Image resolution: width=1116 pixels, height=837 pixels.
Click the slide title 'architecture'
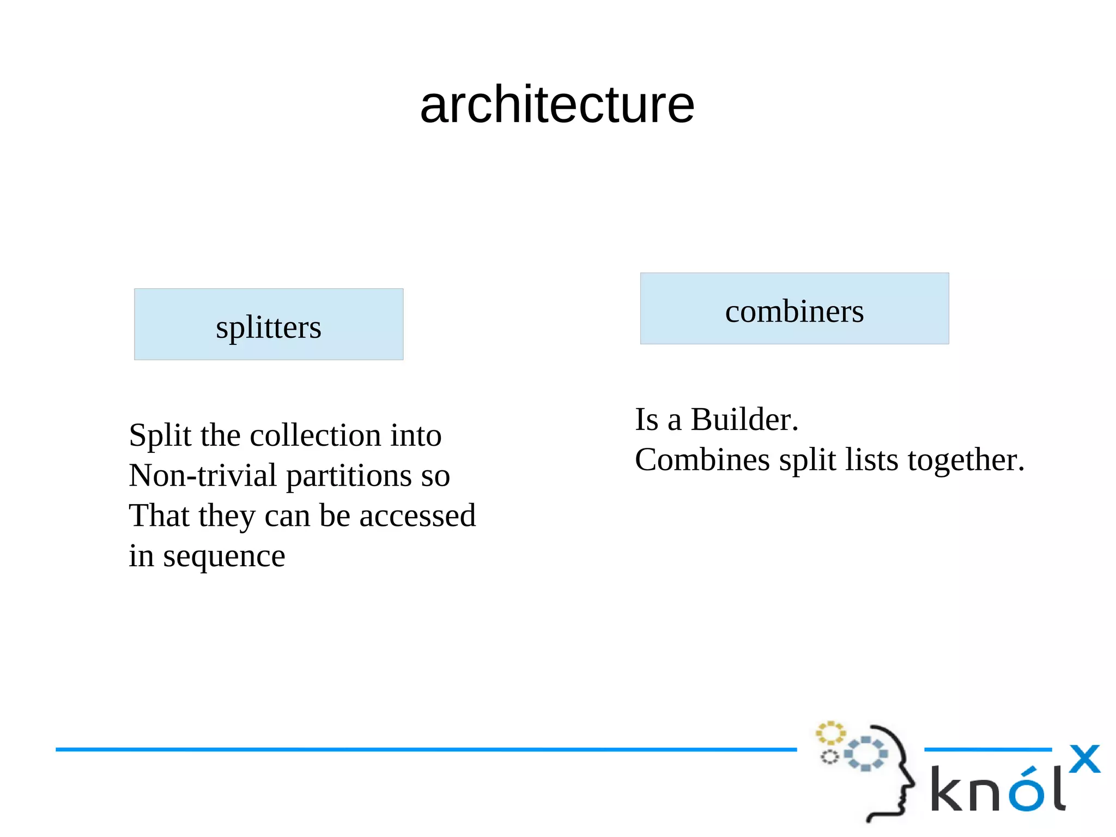coord(557,105)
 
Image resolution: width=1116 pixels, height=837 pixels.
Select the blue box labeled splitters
coord(269,324)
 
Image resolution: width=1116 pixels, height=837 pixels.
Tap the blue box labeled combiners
coord(794,308)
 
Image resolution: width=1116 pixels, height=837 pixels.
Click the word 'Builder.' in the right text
coord(744,420)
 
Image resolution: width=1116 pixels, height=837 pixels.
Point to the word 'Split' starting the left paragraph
coord(160,435)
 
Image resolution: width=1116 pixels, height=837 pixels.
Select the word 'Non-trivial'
coord(203,475)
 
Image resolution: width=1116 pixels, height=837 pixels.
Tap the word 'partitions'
coord(349,475)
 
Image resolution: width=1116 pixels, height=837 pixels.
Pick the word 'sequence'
coord(224,556)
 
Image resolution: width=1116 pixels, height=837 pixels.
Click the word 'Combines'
coord(702,460)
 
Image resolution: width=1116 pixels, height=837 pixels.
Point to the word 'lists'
coord(871,460)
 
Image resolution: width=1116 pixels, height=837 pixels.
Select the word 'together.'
coord(966,460)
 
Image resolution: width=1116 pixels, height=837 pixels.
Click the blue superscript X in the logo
coord(1084,759)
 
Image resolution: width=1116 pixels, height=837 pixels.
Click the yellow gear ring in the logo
coord(830,733)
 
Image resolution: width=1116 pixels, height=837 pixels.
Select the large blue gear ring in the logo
coord(865,754)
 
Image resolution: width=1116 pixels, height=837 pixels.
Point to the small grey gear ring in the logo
coord(829,757)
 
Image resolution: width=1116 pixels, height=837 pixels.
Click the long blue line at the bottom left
coord(425,750)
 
